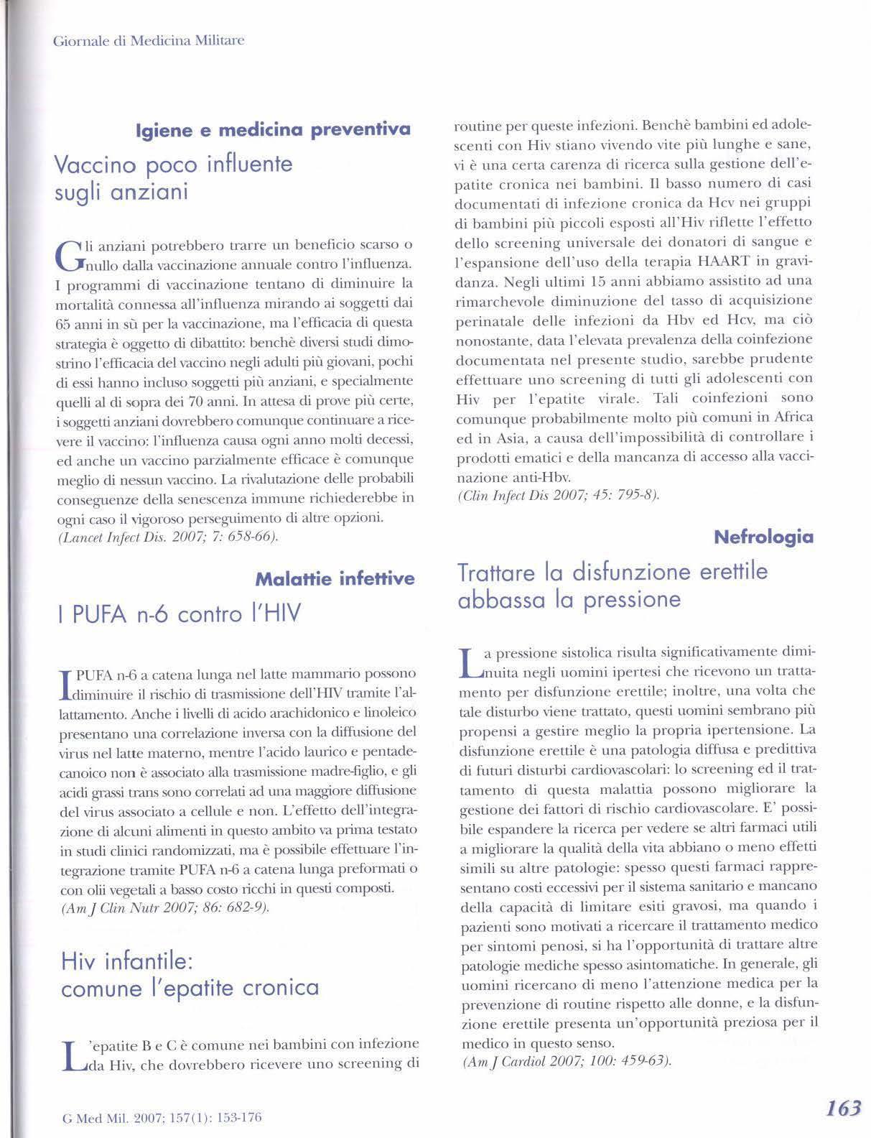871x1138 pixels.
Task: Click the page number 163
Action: [843, 1108]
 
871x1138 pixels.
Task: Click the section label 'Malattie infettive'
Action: [335, 578]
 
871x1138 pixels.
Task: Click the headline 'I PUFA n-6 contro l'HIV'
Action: [182, 614]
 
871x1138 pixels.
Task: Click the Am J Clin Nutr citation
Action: [166, 907]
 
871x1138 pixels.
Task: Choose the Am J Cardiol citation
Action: [567, 1061]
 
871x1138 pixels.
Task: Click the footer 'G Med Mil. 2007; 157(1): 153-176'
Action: [162, 1117]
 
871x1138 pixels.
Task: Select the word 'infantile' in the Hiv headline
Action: [149, 961]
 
